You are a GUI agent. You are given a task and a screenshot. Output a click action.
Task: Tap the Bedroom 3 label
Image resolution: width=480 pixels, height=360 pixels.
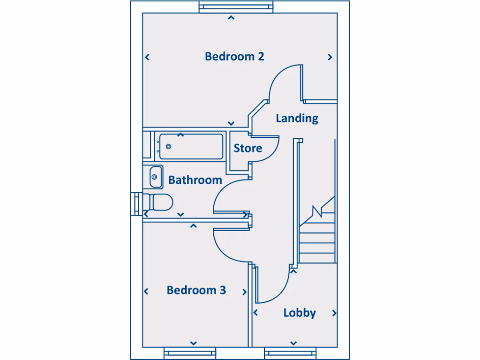(196, 290)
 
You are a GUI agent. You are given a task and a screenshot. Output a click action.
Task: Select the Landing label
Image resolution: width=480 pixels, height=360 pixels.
(297, 118)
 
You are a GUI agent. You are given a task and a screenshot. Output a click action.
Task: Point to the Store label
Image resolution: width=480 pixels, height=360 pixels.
(247, 149)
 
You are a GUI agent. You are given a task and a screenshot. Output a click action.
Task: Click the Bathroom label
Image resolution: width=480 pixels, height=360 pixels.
(195, 180)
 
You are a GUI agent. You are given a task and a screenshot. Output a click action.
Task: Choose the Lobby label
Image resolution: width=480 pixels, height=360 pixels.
(300, 313)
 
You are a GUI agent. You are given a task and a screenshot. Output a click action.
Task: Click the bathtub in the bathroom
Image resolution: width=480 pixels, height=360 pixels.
(191, 146)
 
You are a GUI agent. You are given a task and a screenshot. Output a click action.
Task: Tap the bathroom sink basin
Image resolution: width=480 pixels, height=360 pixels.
(154, 177)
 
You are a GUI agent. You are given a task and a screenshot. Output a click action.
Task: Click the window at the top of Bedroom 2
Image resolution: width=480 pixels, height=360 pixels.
(235, 7)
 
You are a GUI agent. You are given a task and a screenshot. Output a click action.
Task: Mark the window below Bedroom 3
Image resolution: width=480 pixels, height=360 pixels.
(189, 352)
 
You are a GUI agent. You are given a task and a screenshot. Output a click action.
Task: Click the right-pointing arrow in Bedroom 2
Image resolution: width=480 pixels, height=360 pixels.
(330, 57)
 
